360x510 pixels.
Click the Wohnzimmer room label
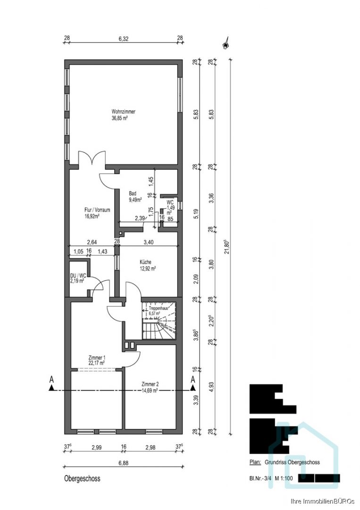124,111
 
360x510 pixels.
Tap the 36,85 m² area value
119,119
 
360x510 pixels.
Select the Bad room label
132,193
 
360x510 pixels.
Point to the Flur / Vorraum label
97,210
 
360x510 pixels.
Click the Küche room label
146,262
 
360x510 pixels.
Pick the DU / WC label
78,275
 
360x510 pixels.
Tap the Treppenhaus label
159,308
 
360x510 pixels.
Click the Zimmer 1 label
97,357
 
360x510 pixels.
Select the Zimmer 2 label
150,384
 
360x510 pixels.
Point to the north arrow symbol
225,42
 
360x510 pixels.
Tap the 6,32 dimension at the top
124,38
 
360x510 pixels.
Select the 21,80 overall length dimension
227,246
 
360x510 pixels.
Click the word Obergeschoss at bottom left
82,478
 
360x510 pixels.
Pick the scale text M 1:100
284,478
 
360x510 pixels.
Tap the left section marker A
51,379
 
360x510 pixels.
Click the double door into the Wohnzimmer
92,160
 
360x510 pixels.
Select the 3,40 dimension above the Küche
148,242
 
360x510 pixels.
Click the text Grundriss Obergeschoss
292,462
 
